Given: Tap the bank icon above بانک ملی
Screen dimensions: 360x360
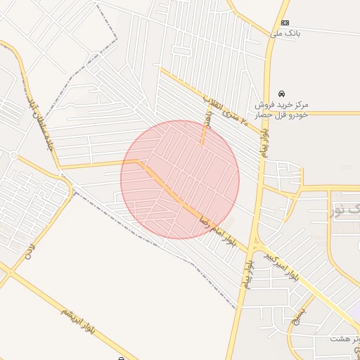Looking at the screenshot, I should [285, 22].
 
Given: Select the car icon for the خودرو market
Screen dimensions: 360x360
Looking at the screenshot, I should [281, 94].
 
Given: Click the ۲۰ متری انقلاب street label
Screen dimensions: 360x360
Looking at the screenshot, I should [225, 110].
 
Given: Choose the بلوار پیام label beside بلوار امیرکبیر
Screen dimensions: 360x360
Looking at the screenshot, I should [247, 271].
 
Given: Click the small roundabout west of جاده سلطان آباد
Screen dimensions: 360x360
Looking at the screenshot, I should [13, 155].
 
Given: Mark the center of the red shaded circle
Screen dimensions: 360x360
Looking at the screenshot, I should [180, 180].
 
